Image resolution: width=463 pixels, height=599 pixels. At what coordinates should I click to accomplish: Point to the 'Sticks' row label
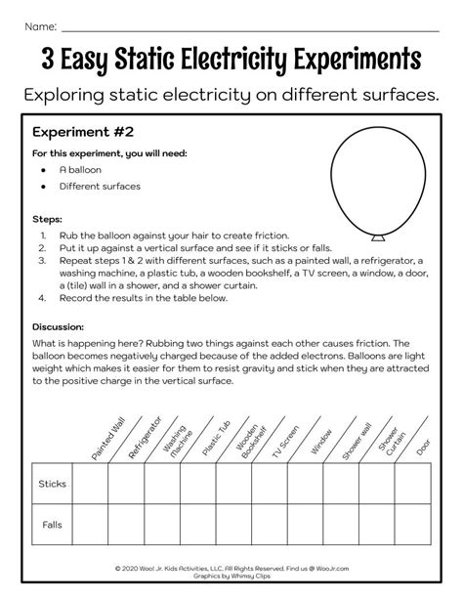click(x=51, y=484)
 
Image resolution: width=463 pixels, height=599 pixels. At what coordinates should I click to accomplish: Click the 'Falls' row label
click(x=51, y=525)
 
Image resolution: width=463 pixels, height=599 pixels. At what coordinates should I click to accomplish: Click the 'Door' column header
click(x=422, y=446)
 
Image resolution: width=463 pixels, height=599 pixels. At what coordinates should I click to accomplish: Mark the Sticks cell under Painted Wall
click(x=90, y=484)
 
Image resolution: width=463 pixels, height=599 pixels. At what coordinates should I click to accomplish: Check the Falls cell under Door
click(x=414, y=525)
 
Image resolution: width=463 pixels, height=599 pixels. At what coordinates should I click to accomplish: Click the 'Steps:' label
click(x=47, y=219)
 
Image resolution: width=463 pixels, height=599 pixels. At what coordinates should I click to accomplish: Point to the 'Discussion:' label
click(x=58, y=326)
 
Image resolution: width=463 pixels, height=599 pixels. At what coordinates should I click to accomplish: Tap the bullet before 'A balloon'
click(x=44, y=169)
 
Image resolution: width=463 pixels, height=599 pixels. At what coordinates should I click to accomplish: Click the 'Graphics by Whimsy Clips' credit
click(x=231, y=576)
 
